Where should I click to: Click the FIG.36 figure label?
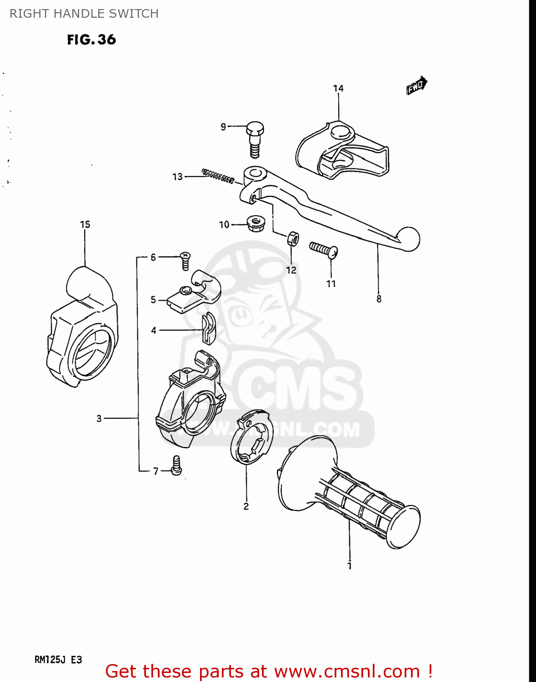click(x=91, y=40)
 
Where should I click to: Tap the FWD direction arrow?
click(x=416, y=85)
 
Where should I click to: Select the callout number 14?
click(x=338, y=88)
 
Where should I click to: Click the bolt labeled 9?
click(x=255, y=138)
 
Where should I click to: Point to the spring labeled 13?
click(x=218, y=176)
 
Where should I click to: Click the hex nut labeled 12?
click(x=293, y=238)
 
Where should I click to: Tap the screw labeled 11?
click(x=324, y=249)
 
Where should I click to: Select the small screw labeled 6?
click(x=185, y=261)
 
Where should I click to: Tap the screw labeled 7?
click(x=176, y=466)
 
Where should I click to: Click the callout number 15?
click(x=85, y=225)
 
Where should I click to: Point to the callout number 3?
click(x=99, y=418)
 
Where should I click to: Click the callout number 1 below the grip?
click(x=349, y=566)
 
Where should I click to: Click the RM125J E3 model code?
click(x=58, y=659)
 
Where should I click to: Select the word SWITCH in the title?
click(x=135, y=14)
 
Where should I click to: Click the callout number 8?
click(x=379, y=299)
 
